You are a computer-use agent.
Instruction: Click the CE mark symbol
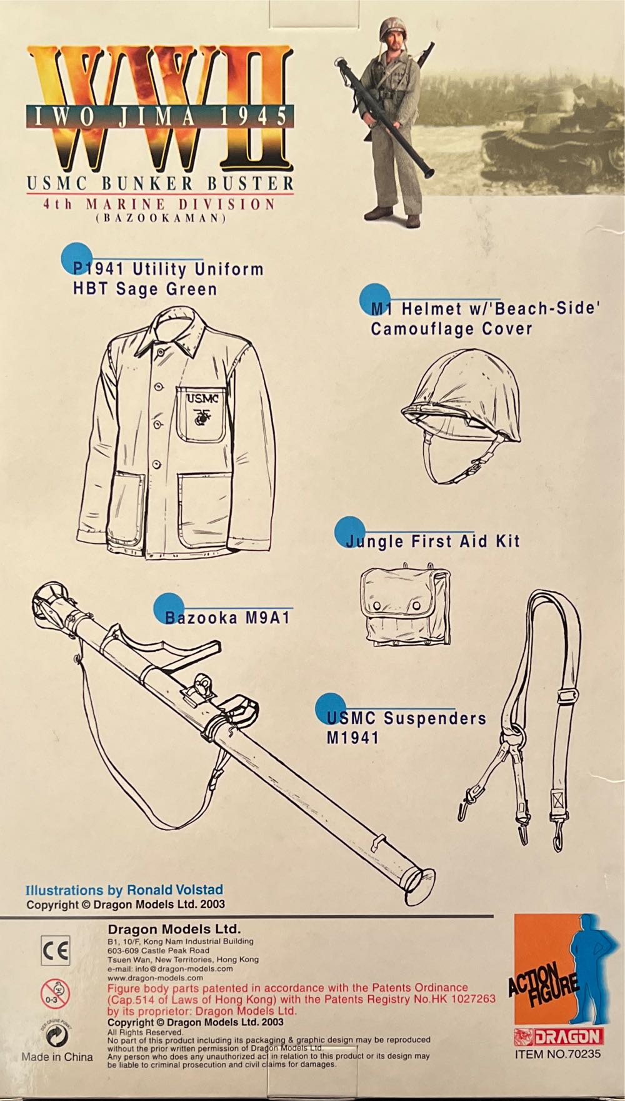(56, 951)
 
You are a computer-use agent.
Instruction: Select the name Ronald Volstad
(175, 890)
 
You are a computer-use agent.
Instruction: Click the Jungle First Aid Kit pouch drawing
(405, 605)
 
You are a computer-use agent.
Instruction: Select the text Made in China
(57, 1057)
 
